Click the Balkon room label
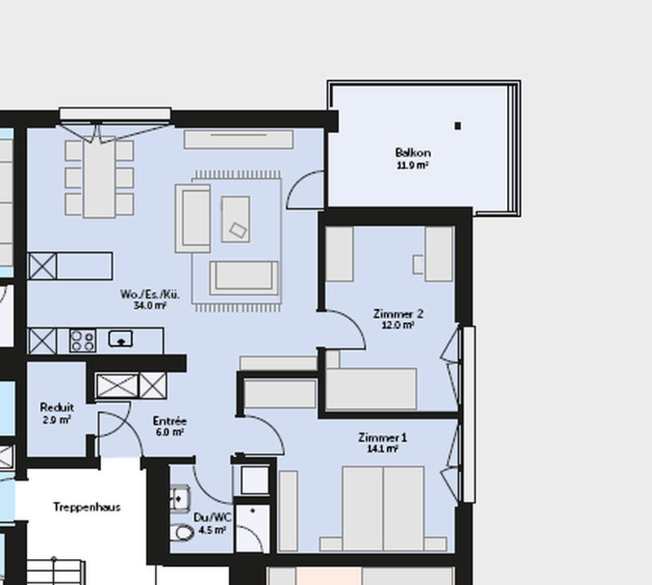click(413, 153)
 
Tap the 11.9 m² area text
click(412, 166)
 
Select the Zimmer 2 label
click(398, 313)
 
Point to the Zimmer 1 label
click(382, 437)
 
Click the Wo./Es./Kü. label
click(150, 295)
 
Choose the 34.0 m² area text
click(150, 306)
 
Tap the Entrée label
click(170, 421)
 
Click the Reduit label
click(57, 407)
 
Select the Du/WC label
click(213, 518)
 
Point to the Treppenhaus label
click(87, 507)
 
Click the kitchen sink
click(121, 339)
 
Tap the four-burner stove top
click(83, 340)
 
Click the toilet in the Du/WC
click(182, 532)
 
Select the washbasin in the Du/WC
click(180, 498)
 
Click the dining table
click(99, 178)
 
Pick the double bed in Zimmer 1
click(383, 509)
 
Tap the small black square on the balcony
click(458, 126)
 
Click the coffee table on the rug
click(236, 219)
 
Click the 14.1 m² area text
click(382, 449)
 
